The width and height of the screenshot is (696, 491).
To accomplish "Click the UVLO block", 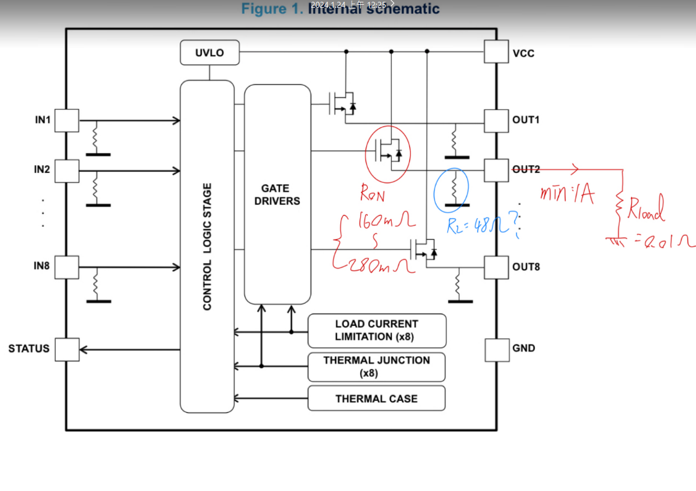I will [x=210, y=53].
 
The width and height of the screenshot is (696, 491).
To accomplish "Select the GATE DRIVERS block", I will [x=277, y=195].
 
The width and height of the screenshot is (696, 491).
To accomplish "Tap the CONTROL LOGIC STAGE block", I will [x=207, y=246].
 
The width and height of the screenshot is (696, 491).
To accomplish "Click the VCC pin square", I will [x=496, y=52].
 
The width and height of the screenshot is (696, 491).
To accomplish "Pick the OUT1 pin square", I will [x=496, y=120].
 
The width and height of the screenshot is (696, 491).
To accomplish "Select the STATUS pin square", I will [x=67, y=349].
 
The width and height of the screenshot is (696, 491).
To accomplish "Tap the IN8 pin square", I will [x=67, y=267].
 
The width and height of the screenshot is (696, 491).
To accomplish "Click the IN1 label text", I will [x=43, y=120].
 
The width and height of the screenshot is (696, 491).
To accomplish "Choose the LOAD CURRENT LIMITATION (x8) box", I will [x=377, y=331].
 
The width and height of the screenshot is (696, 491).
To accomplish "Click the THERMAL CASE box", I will [x=377, y=398].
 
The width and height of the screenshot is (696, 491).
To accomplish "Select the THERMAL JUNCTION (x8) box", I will [x=377, y=367].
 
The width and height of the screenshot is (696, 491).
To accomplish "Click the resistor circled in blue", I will [x=455, y=188].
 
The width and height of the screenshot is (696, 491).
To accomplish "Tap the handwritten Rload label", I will [x=647, y=210].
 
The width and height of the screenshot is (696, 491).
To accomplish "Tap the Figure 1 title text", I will [x=340, y=9].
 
